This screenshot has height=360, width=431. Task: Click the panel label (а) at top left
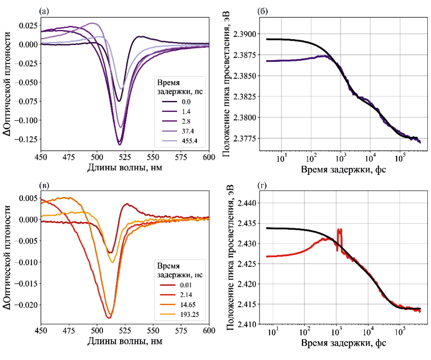[x=44, y=11]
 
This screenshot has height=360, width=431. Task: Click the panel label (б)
[x=263, y=11]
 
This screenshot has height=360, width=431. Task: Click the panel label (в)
[x=44, y=185]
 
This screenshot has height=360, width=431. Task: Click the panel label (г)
[x=262, y=185]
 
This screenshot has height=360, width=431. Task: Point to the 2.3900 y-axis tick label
[x=244, y=34]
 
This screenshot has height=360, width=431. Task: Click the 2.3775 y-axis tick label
[x=244, y=139]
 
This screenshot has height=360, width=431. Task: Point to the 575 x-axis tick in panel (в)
[x=181, y=331]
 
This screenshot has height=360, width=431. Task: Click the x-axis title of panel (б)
[x=343, y=170]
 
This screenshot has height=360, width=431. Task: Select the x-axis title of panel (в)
[x=125, y=341]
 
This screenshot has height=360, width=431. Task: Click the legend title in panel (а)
[x=180, y=87]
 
